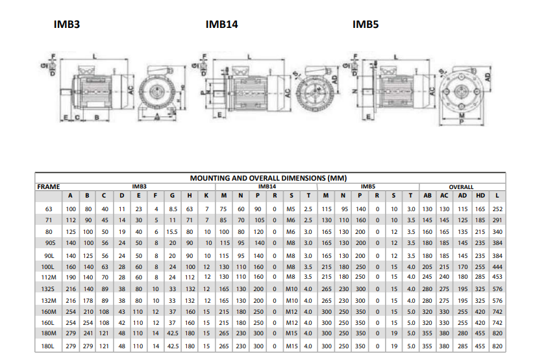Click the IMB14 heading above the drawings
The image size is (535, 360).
tap(221, 25)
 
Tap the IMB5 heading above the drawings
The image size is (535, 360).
tap(366, 25)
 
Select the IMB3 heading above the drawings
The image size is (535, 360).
tap(67, 25)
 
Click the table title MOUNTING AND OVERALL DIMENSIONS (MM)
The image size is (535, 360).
tap(268, 177)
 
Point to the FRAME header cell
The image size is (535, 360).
tap(49, 186)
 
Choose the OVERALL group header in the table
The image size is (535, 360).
tap(462, 186)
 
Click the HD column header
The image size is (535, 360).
tap(480, 196)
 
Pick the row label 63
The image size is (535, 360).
tap(49, 209)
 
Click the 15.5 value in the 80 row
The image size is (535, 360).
tap(173, 232)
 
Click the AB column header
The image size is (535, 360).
tap(427, 196)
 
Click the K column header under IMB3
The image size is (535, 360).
tap(206, 196)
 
